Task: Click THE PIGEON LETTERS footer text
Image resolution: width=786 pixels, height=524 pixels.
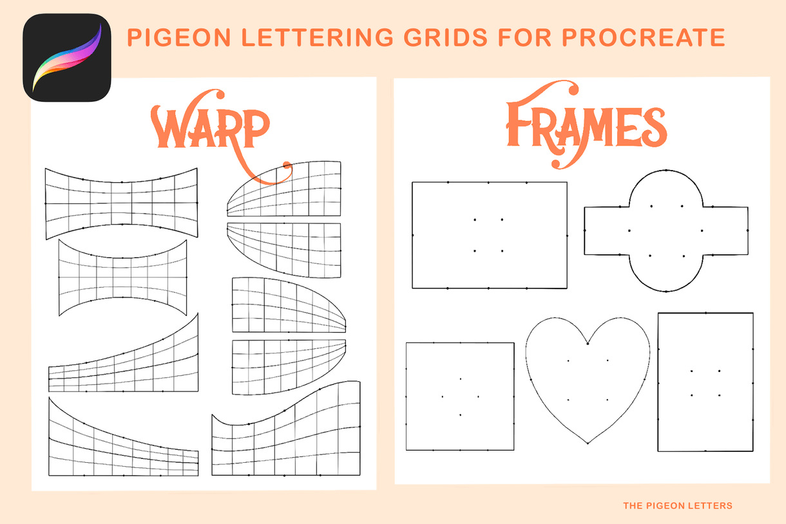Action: tap(677, 506)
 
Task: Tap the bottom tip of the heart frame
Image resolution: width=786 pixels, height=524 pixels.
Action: tap(588, 443)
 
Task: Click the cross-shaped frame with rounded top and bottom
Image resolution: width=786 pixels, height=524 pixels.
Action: tap(666, 231)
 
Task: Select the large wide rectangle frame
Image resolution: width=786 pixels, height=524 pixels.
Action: tap(489, 235)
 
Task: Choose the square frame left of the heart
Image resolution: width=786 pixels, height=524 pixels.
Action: tap(460, 396)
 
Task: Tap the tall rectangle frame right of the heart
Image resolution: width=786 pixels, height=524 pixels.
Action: tap(705, 382)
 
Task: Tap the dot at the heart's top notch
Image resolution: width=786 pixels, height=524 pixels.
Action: tap(588, 344)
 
